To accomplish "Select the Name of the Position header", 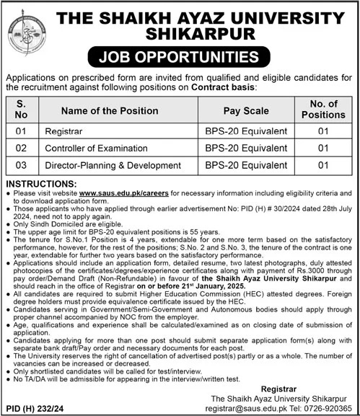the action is point(110,110).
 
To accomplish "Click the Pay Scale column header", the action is point(244,110).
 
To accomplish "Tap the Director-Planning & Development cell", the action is point(122,166).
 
